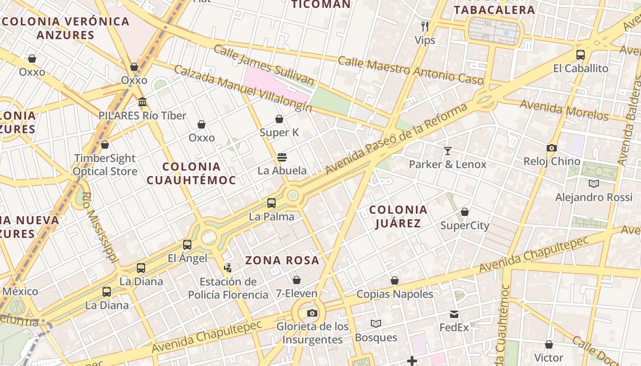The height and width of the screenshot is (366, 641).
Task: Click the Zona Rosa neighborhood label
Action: pyautogui.click(x=282, y=260)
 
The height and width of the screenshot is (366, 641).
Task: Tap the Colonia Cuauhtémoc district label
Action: pyautogui.click(x=191, y=173)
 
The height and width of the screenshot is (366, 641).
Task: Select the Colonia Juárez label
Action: pyautogui.click(x=398, y=216)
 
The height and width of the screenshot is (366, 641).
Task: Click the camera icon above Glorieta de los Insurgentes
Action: pyautogui.click(x=312, y=313)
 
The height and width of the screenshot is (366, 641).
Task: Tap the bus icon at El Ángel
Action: pyautogui.click(x=187, y=245)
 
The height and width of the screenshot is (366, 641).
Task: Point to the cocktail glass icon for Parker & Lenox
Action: pyautogui.click(x=447, y=151)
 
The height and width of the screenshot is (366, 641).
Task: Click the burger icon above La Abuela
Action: pyautogui.click(x=282, y=157)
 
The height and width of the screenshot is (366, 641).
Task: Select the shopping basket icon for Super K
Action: pyautogui.click(x=279, y=119)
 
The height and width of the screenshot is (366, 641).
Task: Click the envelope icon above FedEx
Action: pyautogui.click(x=454, y=314)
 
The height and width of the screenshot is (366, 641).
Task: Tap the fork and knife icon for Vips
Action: pyautogui.click(x=425, y=26)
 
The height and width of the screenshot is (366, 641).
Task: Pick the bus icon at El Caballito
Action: pyautogui.click(x=581, y=55)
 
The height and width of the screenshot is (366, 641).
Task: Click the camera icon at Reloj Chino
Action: pyautogui.click(x=552, y=148)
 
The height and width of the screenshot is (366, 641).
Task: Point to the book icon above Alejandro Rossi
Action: pyautogui.click(x=594, y=183)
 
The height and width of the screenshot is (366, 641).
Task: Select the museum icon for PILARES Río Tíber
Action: pyautogui.click(x=142, y=102)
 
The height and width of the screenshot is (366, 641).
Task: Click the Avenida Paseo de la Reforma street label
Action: pyautogui.click(x=397, y=139)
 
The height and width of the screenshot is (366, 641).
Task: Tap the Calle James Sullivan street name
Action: pyautogui.click(x=264, y=65)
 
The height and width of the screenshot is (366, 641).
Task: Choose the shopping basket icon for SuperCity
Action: pyautogui.click(x=465, y=212)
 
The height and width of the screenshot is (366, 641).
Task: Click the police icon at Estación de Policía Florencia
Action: pyautogui.click(x=228, y=268)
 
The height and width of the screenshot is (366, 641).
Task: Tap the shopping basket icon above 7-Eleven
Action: pyautogui.click(x=297, y=280)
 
